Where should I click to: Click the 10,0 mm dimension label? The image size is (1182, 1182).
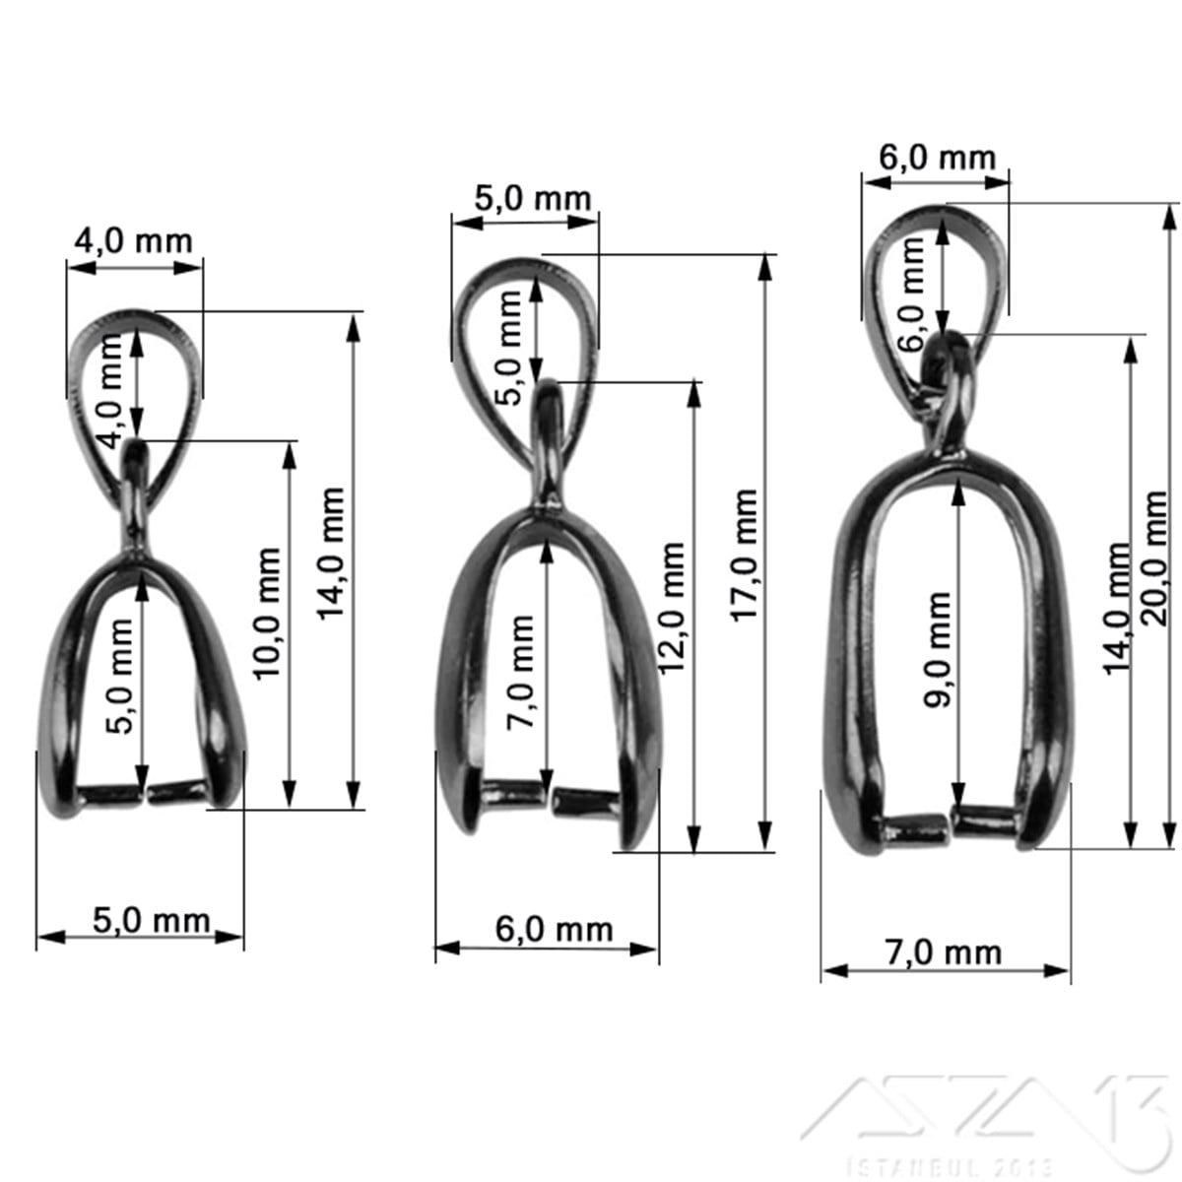click(268, 613)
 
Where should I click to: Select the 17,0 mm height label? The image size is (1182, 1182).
click(745, 556)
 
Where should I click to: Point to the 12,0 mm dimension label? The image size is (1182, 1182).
click(672, 608)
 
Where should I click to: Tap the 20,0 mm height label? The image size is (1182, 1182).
click(1155, 558)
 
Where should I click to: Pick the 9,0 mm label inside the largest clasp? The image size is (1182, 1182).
click(938, 649)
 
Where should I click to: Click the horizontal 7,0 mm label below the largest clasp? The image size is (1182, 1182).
click(944, 952)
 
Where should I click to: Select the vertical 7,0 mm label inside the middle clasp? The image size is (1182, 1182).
click(520, 671)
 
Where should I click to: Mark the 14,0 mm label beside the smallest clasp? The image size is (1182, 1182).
click(332, 553)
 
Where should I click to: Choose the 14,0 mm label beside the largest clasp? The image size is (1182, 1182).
click(1116, 608)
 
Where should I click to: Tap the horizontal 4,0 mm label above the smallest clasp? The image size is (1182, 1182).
click(134, 241)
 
